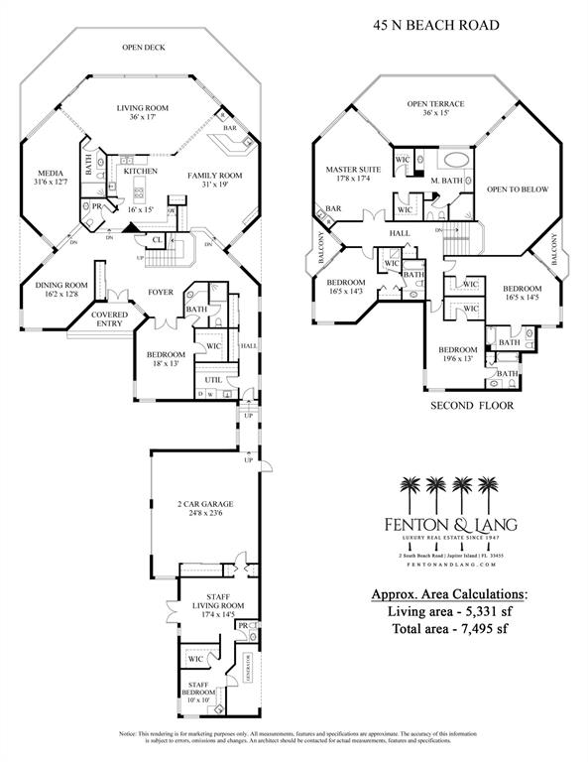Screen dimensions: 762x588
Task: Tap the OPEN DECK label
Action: (143, 47)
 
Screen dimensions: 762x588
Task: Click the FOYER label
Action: (162, 293)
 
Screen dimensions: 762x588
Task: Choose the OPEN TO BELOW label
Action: (517, 189)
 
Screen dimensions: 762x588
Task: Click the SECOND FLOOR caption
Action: (470, 407)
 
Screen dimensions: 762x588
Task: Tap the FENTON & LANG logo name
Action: (447, 524)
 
